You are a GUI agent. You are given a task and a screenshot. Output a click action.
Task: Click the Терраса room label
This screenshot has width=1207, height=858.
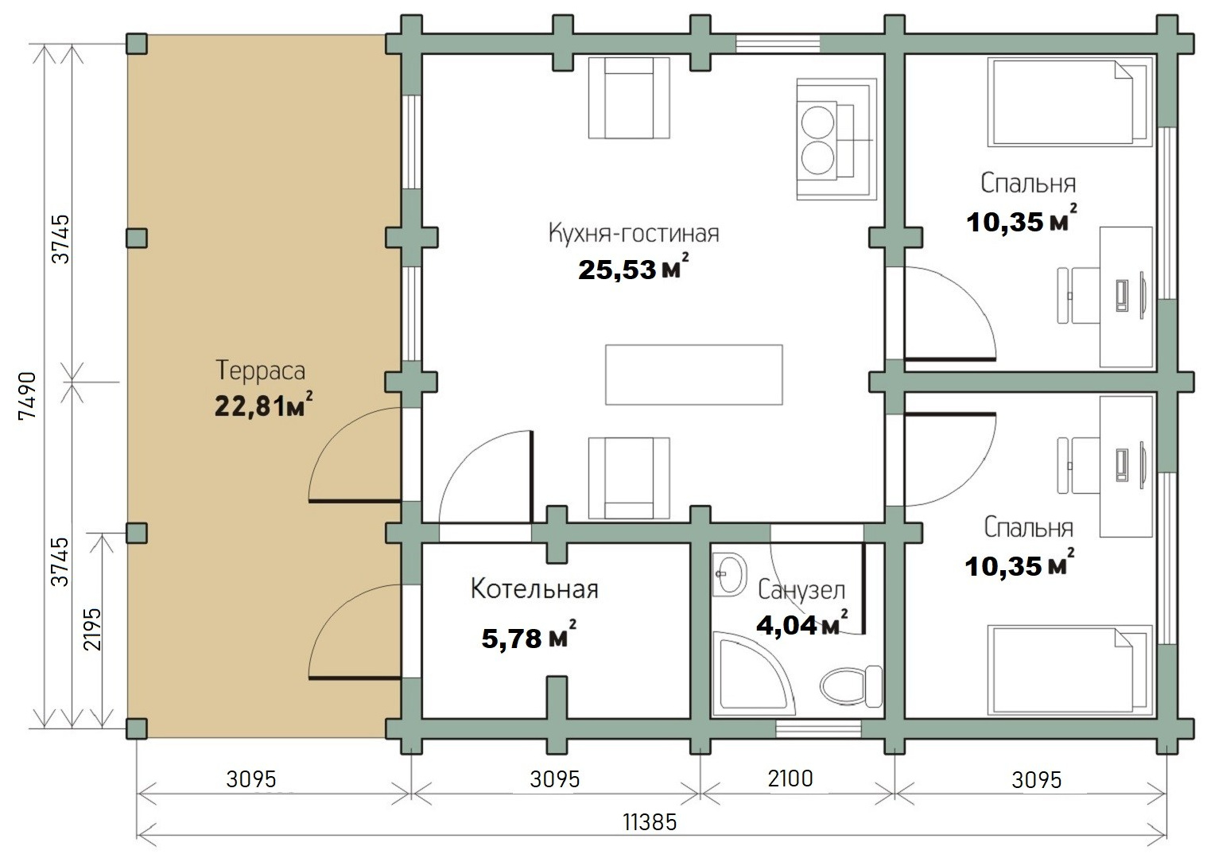(260, 371)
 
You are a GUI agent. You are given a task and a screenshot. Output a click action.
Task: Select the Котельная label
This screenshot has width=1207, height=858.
(534, 589)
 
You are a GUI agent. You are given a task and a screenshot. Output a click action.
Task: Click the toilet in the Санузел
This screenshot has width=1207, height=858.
(852, 686)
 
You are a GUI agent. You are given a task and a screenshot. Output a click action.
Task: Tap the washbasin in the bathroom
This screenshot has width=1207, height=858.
(730, 574)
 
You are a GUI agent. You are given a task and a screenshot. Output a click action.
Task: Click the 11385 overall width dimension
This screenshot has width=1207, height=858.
(650, 822)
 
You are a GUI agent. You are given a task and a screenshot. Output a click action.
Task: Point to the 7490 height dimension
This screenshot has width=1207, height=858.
(27, 395)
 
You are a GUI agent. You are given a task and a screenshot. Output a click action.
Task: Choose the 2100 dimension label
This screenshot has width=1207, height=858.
(790, 778)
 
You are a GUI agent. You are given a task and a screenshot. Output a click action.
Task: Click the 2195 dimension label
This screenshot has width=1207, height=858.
(93, 630)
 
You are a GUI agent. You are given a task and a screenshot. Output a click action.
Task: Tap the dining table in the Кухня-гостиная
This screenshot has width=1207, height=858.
(694, 375)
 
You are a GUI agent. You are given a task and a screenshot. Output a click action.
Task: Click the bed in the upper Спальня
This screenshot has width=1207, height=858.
(1070, 102)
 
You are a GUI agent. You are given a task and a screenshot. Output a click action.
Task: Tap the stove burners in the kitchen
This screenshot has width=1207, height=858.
(818, 140)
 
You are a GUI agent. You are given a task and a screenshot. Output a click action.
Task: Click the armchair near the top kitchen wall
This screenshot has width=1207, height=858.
(629, 98)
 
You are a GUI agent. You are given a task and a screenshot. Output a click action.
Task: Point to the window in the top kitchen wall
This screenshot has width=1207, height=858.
(778, 44)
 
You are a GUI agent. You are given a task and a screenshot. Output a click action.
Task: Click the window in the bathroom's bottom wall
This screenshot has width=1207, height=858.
(818, 730)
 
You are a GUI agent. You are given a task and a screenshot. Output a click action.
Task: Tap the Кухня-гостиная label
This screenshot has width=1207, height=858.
(634, 233)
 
